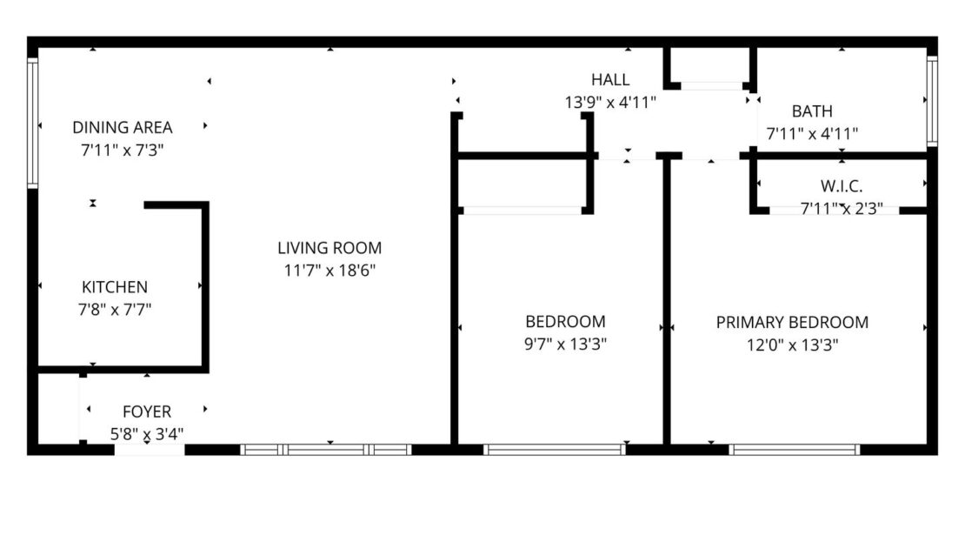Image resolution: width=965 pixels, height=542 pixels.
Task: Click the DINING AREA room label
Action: coord(122,127)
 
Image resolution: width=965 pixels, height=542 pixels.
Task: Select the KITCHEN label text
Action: coord(114,287)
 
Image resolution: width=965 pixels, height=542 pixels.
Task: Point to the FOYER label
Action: coord(146,412)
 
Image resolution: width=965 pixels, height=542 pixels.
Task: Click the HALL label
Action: coord(609,80)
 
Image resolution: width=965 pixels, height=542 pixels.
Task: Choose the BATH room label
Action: coord(812,111)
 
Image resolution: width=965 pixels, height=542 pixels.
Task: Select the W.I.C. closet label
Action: coord(841,186)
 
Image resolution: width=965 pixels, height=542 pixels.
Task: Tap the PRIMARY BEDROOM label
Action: coord(792,323)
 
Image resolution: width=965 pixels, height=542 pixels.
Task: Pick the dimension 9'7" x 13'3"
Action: coord(565,344)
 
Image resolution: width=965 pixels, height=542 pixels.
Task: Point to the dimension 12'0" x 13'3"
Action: coord(792,345)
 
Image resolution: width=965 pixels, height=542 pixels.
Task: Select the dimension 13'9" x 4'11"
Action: coord(609,102)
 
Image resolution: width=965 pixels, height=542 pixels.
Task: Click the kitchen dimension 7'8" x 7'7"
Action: coord(114,308)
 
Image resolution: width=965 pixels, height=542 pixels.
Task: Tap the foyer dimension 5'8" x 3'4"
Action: coord(146,432)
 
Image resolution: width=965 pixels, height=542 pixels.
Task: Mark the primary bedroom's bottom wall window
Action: coord(794,450)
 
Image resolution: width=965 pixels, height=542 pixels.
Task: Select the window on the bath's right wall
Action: coord(931,100)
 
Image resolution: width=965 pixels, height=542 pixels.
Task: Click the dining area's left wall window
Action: coord(33,123)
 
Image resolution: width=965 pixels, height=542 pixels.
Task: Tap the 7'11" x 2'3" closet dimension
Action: coord(841,209)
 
